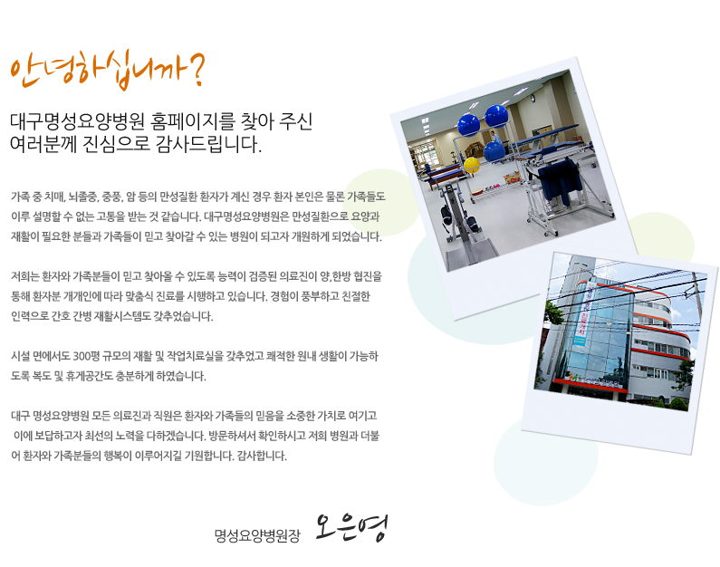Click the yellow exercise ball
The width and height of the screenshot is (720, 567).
click(x=472, y=164)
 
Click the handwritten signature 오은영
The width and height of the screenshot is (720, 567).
click(x=351, y=528)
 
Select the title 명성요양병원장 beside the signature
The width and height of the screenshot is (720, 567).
click(x=257, y=535)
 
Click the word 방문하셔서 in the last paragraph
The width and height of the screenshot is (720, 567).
click(x=233, y=436)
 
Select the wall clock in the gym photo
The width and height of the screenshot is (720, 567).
click(x=533, y=98)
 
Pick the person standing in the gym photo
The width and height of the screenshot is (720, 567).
click(x=494, y=138)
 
